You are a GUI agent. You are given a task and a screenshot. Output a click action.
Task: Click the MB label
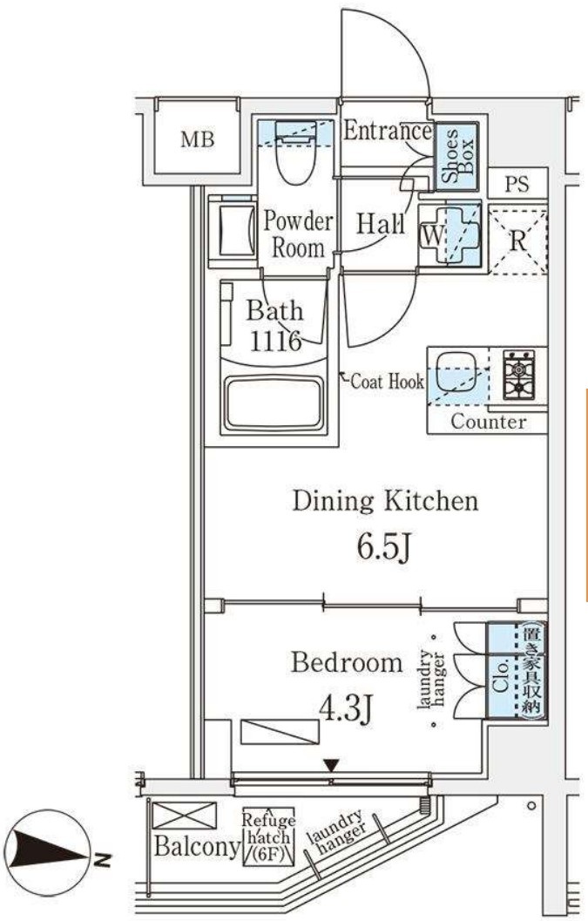(198, 139)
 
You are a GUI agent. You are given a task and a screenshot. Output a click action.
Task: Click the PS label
(517, 185)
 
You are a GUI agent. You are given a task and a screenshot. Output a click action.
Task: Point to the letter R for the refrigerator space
(517, 240)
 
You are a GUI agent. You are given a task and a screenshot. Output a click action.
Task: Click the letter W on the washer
(433, 236)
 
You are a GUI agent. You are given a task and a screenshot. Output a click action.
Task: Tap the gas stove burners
(518, 374)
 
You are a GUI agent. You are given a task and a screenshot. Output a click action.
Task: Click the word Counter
(489, 421)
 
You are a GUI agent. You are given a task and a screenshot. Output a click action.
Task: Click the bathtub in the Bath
(274, 404)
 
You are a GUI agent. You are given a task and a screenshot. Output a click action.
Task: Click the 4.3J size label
(346, 708)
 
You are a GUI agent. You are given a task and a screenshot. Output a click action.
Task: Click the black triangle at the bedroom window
(332, 766)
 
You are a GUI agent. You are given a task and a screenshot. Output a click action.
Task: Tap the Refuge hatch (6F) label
(268, 837)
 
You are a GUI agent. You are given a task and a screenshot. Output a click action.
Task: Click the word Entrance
(387, 131)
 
